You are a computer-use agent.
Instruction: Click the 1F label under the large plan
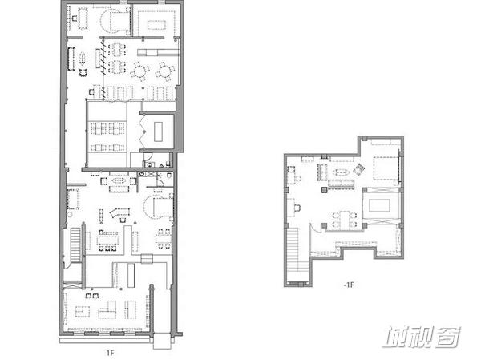tap(110, 353)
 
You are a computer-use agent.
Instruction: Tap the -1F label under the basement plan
tap(349, 285)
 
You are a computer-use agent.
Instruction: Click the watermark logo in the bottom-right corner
tap(422, 337)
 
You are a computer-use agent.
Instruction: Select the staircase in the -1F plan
tap(293, 254)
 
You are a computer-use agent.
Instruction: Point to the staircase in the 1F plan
tap(75, 245)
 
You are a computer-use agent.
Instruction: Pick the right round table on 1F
tap(164, 71)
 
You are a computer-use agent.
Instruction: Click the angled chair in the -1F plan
tap(358, 169)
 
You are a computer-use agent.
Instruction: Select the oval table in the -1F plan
tap(341, 172)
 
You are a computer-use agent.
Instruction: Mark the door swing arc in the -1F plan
tap(313, 228)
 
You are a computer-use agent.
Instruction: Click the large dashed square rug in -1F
tap(386, 168)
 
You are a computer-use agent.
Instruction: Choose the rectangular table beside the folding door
tap(158, 131)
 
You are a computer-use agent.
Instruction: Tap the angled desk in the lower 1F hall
tap(119, 212)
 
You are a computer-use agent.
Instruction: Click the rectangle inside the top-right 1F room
tap(156, 24)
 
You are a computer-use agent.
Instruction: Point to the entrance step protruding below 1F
tap(162, 342)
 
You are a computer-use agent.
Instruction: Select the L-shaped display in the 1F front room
tap(107, 310)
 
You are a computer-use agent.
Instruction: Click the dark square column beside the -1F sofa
tap(324, 190)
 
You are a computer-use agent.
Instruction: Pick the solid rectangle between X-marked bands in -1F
tap(379, 205)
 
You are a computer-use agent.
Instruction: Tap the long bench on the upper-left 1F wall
tap(71, 59)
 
